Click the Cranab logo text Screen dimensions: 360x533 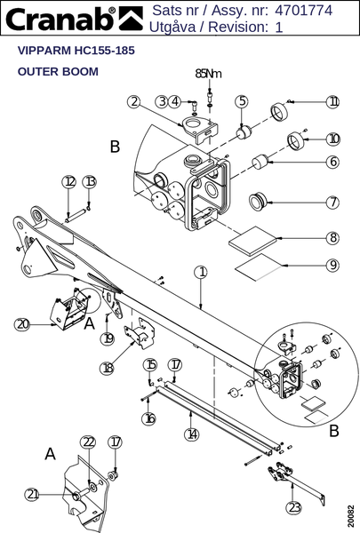(61, 19)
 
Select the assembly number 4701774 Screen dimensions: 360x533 (303, 10)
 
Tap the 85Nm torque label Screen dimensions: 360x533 (208, 73)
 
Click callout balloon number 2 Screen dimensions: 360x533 (134, 101)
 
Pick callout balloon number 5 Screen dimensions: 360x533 (242, 101)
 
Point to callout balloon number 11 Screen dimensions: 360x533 (332, 101)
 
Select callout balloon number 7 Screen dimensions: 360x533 (333, 203)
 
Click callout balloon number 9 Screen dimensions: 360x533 (333, 265)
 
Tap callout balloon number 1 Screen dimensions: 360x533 (201, 272)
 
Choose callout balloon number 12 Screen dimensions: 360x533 (68, 182)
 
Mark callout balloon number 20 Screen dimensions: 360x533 (22, 324)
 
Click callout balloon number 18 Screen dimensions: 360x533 (108, 368)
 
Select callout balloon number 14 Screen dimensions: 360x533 (192, 434)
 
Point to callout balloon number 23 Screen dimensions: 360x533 (294, 508)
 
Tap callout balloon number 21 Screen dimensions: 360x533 (32, 494)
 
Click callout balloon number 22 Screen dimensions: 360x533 (88, 442)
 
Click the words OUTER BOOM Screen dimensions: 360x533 (58, 71)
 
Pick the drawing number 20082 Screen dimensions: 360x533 (351, 515)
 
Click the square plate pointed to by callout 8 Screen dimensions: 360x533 (252, 241)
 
